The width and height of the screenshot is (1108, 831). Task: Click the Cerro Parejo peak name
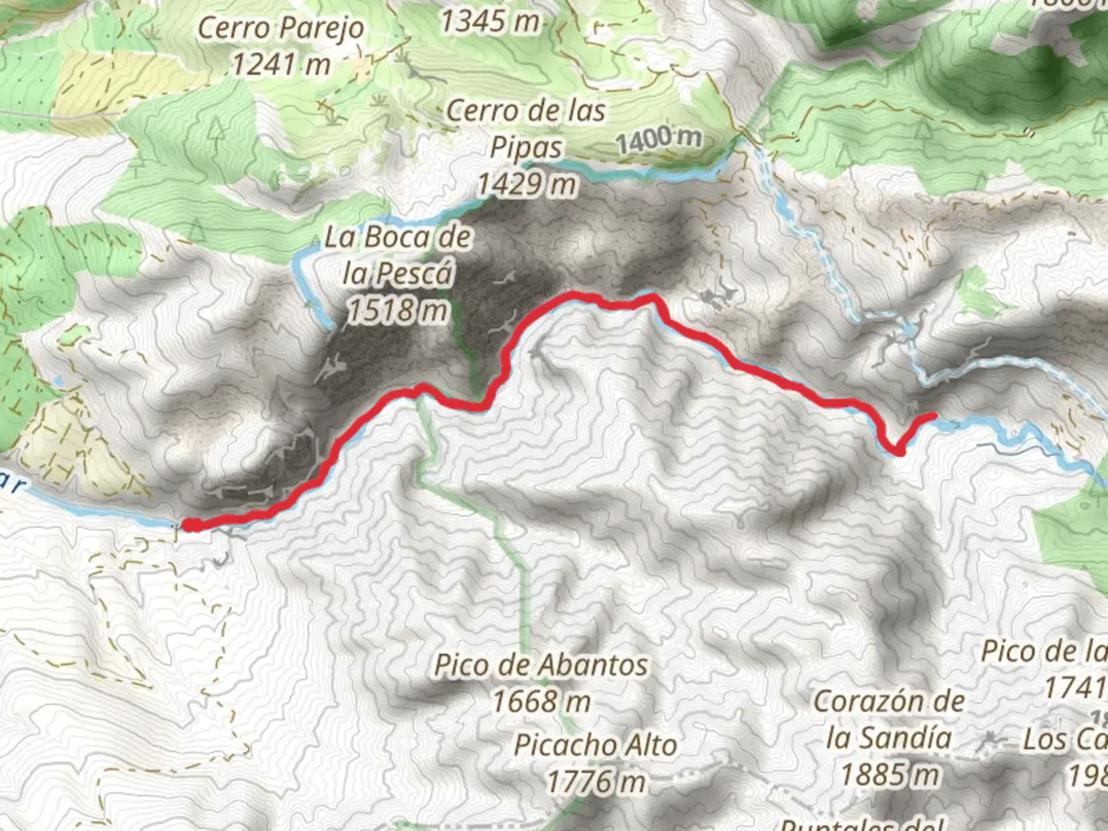pyautogui.click(x=281, y=28)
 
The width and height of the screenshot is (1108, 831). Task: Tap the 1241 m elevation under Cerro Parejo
pyautogui.click(x=281, y=64)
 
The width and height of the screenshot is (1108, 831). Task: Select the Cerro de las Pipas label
pyautogui.click(x=526, y=128)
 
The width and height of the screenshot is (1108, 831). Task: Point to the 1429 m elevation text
pyautogui.click(x=526, y=185)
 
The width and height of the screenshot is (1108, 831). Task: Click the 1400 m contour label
pyautogui.click(x=659, y=139)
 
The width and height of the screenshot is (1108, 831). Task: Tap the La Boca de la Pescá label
pyautogui.click(x=398, y=255)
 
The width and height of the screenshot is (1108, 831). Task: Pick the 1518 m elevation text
pyautogui.click(x=397, y=310)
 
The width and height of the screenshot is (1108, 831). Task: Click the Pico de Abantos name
pyautogui.click(x=541, y=665)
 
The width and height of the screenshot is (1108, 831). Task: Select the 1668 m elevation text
pyautogui.click(x=541, y=701)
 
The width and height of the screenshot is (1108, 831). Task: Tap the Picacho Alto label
pyautogui.click(x=596, y=745)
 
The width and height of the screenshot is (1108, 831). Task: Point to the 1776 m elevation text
pyautogui.click(x=596, y=781)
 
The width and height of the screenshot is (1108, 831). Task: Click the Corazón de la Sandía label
pyautogui.click(x=889, y=719)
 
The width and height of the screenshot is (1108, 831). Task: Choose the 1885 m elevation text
pyautogui.click(x=889, y=774)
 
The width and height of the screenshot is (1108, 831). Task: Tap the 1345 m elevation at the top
pyautogui.click(x=489, y=22)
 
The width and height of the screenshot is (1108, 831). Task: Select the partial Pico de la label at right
pyautogui.click(x=1044, y=652)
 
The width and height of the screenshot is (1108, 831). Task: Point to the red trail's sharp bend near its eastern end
pyautogui.click(x=896, y=452)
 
